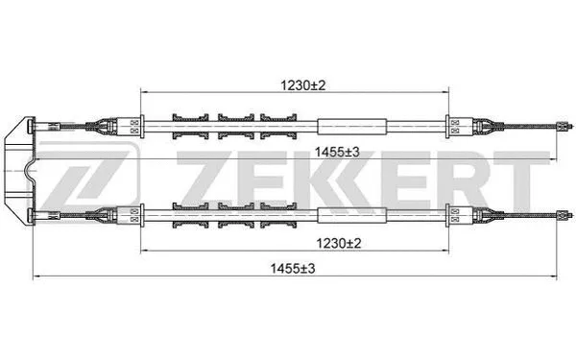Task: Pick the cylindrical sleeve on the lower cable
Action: click(352, 213)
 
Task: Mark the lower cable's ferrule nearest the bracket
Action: click(134, 213)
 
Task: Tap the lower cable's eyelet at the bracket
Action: click(36, 213)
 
